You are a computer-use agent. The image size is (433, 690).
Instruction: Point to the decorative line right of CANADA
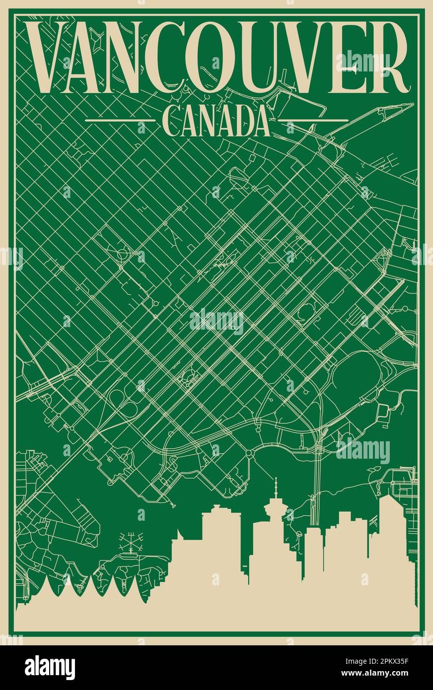pos(312,120)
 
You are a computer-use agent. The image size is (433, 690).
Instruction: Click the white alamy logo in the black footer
pos(50,667)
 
